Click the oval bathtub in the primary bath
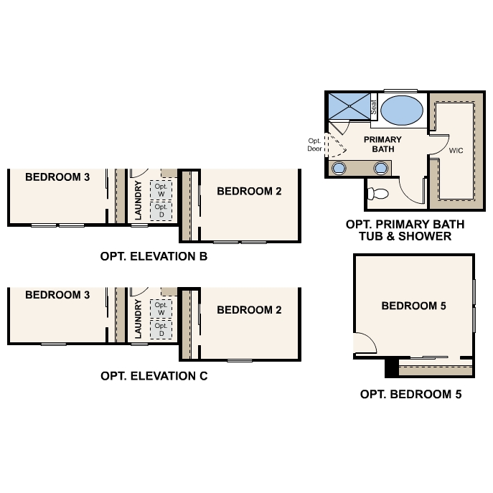[400, 111]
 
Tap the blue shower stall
[348, 106]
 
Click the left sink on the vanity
[339, 168]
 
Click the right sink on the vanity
[381, 168]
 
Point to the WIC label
[456, 151]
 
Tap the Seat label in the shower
[374, 107]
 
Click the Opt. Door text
[315, 145]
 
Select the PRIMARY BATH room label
[382, 144]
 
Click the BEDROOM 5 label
[413, 306]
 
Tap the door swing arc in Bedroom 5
[366, 343]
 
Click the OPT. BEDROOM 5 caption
[410, 394]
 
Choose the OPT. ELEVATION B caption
[154, 256]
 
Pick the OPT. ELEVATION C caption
[154, 375]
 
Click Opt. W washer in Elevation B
[161, 190]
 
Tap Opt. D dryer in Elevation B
[161, 210]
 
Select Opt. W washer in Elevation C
[161, 309]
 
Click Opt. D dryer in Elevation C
[161, 329]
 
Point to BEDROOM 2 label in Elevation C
[249, 310]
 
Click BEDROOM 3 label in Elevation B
[57, 177]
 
